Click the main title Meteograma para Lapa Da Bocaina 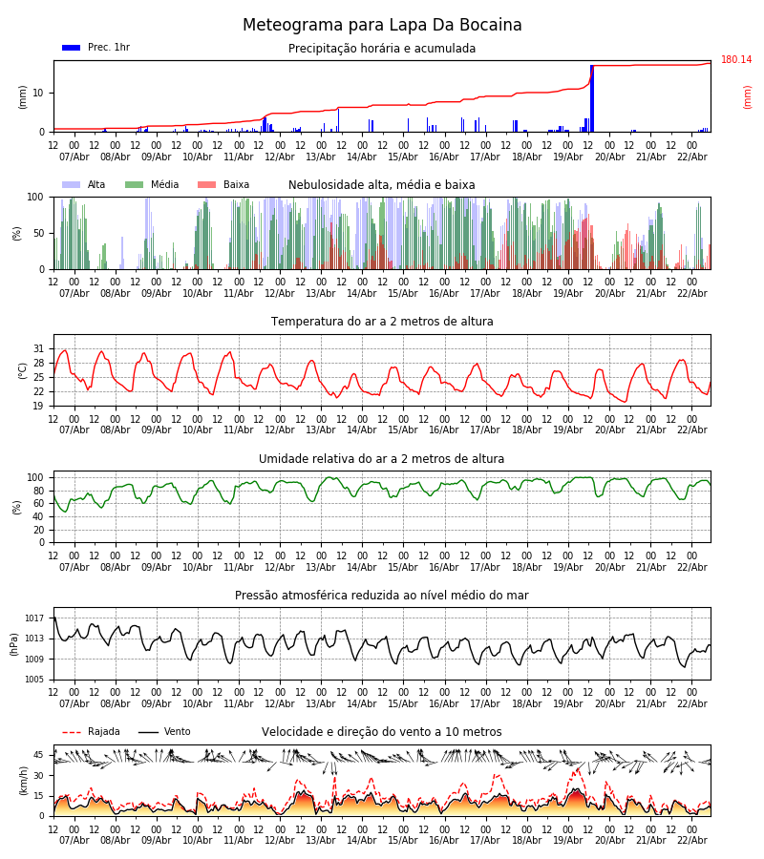point(382,26)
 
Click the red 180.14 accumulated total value point(735,60)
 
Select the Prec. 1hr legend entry point(108,48)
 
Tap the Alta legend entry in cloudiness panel point(96,185)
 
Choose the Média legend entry point(164,185)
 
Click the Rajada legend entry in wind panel point(103,732)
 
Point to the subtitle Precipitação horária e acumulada point(382,49)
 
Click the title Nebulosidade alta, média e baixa point(382,185)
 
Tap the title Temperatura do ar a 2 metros point(382,322)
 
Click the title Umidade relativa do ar point(382,459)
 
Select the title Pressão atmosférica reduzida point(382,596)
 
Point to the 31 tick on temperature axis point(39,348)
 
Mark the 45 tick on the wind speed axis point(39,754)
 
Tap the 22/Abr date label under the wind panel point(691,840)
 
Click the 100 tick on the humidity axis point(36,477)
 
